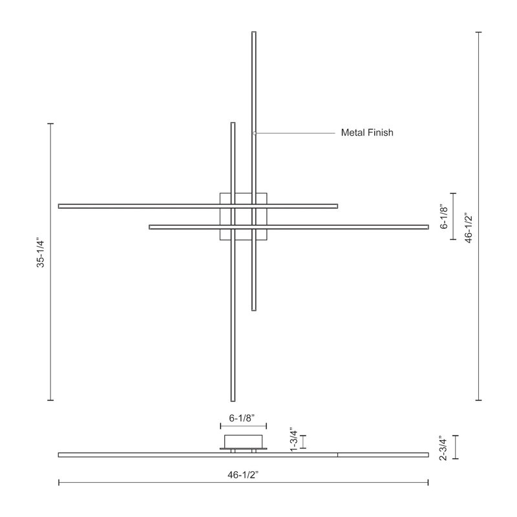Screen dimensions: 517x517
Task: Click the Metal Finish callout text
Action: click(367, 132)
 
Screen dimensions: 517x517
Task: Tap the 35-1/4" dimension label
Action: click(40, 252)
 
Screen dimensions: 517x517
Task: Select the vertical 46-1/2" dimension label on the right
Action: click(469, 228)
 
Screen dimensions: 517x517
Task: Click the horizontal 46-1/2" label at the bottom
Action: click(243, 475)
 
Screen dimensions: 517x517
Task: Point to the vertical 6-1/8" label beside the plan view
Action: click(444, 217)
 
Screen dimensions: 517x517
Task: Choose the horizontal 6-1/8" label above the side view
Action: click(242, 418)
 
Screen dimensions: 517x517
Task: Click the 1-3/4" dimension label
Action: click(293, 441)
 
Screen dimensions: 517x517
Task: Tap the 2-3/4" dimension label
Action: click(444, 447)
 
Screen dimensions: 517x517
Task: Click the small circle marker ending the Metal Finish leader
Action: click(255, 133)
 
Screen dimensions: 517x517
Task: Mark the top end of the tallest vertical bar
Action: click(254, 32)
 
